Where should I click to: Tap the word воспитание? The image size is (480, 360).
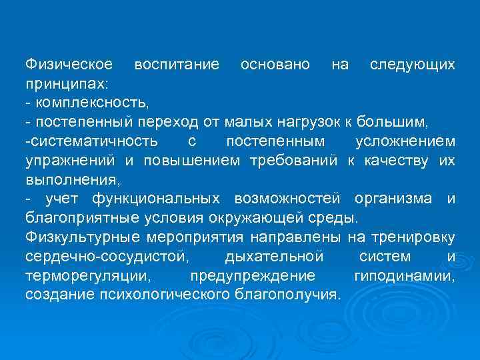[x=177, y=65]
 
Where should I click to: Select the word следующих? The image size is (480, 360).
[x=413, y=65]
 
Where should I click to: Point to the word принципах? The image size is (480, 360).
[x=67, y=84]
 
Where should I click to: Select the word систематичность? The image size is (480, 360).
[x=94, y=141]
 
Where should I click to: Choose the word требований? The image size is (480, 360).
[x=295, y=161]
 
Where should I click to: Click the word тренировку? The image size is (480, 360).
[x=414, y=237]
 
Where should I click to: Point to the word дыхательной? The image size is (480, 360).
[x=275, y=257]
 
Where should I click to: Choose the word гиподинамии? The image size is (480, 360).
[x=414, y=275]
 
